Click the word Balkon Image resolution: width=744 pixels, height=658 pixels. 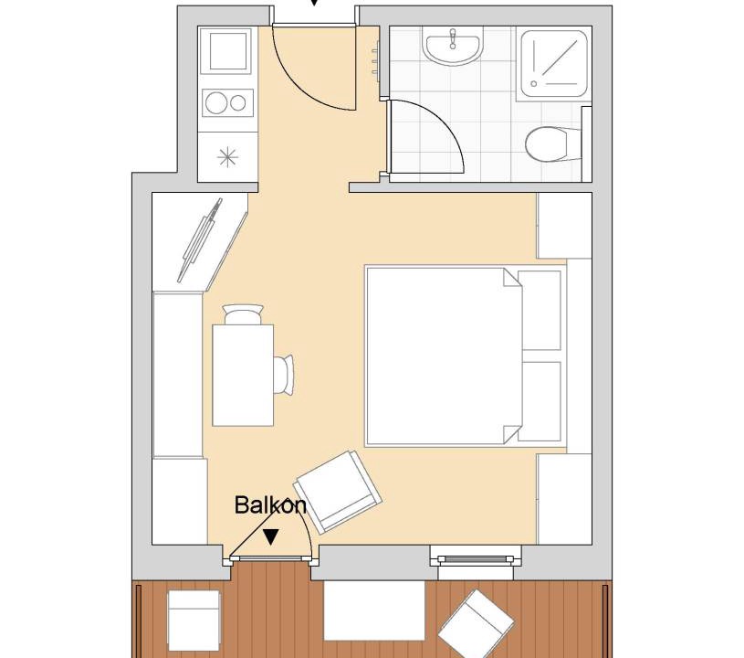point(270,504)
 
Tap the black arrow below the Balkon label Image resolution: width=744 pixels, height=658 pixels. point(271,536)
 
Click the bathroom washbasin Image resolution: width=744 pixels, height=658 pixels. point(454,46)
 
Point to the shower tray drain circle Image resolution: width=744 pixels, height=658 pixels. point(534,83)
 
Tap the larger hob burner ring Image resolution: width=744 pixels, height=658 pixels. point(215,103)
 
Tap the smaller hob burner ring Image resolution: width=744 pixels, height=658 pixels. point(237,103)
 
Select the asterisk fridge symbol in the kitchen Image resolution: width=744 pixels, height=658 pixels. point(227,157)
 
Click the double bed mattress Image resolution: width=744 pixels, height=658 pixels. point(444,356)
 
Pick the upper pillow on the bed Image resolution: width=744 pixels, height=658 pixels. point(540,311)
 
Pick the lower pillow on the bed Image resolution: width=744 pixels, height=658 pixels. point(540,401)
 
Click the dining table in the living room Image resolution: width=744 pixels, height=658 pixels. point(243,375)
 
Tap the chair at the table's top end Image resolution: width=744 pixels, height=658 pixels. point(243,314)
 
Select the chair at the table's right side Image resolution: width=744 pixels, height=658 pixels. point(284,375)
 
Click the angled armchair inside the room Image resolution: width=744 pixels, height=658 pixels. point(338,492)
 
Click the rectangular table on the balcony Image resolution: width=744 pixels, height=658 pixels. point(374,610)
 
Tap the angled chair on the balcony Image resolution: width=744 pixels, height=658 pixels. point(476,623)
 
